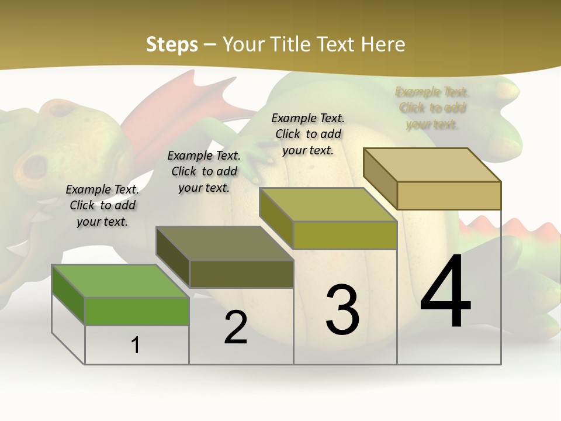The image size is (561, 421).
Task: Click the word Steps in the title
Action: (x=172, y=44)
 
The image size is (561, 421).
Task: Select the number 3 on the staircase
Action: (x=342, y=310)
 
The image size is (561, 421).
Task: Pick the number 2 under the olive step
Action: (x=236, y=327)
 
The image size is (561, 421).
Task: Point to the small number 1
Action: (x=136, y=345)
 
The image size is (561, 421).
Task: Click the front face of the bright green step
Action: (x=137, y=311)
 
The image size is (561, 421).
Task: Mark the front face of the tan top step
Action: (x=449, y=195)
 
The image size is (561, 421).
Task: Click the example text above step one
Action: (x=102, y=205)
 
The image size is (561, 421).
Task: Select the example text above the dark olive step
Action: (x=204, y=171)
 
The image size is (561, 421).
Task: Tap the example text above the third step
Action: (x=308, y=134)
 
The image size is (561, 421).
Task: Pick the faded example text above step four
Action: (x=432, y=108)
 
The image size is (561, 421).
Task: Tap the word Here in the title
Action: (x=383, y=44)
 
